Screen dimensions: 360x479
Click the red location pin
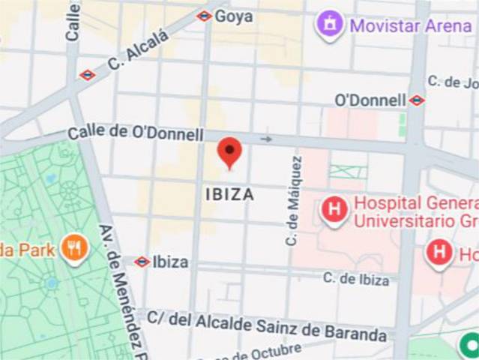click(229, 151)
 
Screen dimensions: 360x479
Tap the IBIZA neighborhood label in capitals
click(229, 194)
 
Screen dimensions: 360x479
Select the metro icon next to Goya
click(204, 16)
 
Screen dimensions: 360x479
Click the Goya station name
click(233, 16)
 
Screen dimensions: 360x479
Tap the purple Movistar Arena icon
click(330, 24)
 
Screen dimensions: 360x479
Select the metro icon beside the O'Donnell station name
click(417, 100)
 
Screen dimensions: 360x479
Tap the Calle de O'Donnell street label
click(135, 133)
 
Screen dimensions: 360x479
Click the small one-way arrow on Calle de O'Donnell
click(266, 139)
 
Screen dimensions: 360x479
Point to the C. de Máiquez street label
click(294, 200)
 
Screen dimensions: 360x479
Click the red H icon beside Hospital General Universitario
click(334, 209)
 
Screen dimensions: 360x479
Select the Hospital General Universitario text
click(415, 211)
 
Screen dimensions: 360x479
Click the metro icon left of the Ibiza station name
click(142, 262)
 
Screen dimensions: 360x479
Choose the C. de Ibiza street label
click(356, 279)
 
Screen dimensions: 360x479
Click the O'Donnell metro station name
click(370, 100)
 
